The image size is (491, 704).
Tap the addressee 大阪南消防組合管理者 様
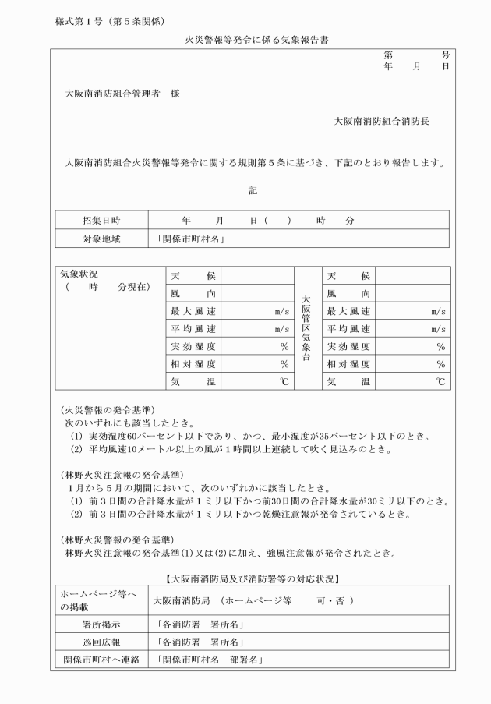pyautogui.click(x=127, y=94)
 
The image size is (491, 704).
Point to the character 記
pyautogui.click(x=253, y=190)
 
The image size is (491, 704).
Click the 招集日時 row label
pyautogui.click(x=101, y=221)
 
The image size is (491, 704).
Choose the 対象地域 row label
pyautogui.click(x=101, y=239)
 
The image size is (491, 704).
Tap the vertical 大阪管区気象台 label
pyautogui.click(x=306, y=328)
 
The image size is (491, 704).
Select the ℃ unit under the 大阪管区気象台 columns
pyautogui.click(x=441, y=382)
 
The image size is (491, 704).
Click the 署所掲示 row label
pyautogui.click(x=101, y=624)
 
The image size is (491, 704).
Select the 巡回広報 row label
pyautogui.click(x=101, y=642)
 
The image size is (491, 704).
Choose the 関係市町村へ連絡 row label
pyautogui.click(x=101, y=660)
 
